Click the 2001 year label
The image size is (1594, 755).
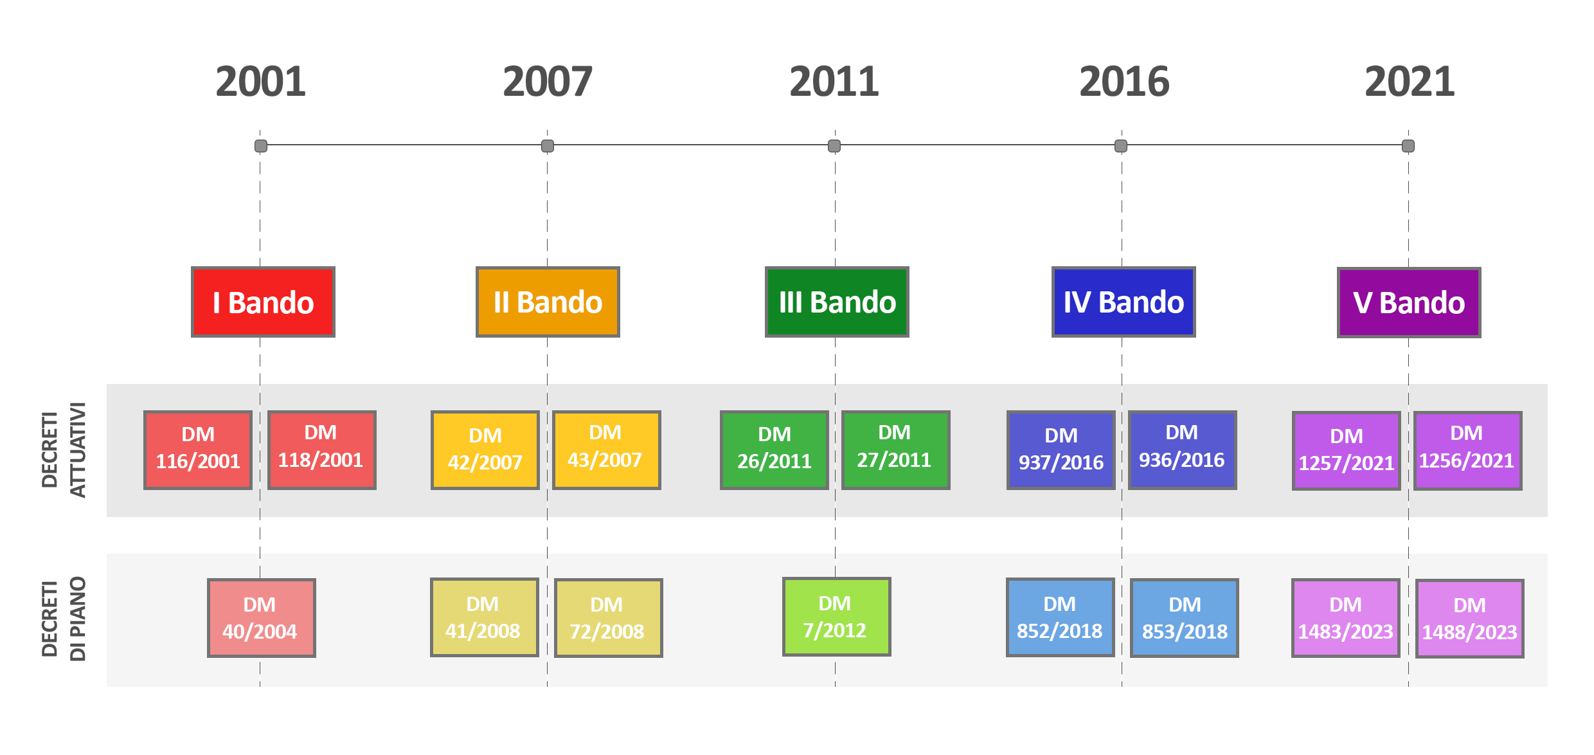coord(260,82)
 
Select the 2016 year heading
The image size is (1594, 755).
coord(1124,82)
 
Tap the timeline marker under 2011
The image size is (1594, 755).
coord(834,146)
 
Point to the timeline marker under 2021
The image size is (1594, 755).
coord(1408,146)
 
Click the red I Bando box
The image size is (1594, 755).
coord(263,302)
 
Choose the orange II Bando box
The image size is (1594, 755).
coord(548,302)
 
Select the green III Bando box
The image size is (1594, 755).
coord(837,302)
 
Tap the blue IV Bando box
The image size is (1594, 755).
coord(1124,302)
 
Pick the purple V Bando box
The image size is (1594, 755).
coord(1409,302)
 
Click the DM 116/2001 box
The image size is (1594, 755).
coord(198,450)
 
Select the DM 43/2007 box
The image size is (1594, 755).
coord(606,450)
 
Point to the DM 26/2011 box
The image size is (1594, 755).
coord(775,450)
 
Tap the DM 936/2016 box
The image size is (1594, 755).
coord(1183,450)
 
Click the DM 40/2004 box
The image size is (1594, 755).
coord(262,618)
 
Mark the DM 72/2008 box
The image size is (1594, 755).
coord(609,618)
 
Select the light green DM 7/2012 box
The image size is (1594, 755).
coord(837,617)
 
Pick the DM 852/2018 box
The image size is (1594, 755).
coord(1061,617)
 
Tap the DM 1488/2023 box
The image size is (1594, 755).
coord(1470,619)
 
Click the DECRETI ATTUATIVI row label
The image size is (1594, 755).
coord(64,450)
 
